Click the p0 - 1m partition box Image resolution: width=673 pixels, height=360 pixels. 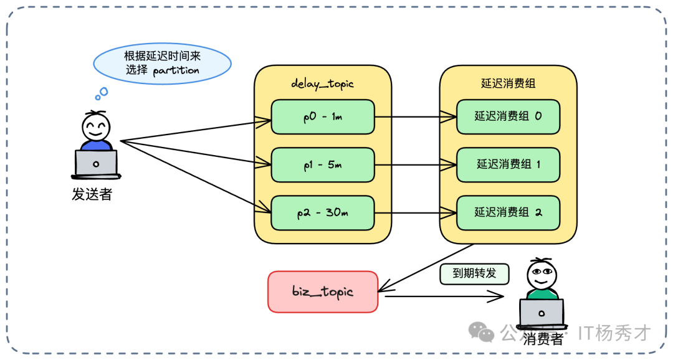tap(323, 116)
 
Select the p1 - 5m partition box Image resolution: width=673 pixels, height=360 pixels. tap(323, 164)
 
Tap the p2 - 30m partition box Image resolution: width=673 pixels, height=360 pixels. tap(323, 212)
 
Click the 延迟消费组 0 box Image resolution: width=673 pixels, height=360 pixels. tap(508, 116)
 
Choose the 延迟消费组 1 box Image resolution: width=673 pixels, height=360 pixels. tap(508, 164)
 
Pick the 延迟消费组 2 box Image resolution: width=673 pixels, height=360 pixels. tap(508, 212)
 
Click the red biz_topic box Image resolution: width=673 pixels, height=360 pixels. tap(323, 291)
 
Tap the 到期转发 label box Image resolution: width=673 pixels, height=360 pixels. tap(474, 274)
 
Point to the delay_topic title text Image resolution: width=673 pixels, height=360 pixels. tap(322, 83)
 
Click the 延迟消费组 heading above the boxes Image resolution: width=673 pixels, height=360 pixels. tap(508, 83)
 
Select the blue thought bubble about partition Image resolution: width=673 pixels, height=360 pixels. tap(162, 64)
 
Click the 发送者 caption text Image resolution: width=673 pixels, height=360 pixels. tap(92, 194)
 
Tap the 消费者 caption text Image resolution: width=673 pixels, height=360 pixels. tap(543, 339)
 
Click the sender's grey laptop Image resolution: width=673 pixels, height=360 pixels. tap(96, 163)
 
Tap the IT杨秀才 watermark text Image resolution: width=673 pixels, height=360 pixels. tap(614, 333)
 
